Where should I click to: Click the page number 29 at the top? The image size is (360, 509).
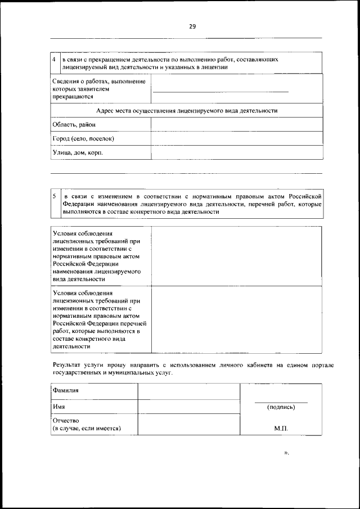point(192,26)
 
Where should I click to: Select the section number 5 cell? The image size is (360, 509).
point(54,196)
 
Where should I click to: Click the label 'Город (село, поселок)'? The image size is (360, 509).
point(83,138)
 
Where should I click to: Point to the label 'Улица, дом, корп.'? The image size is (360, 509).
point(78,152)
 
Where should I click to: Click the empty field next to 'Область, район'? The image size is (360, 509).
point(237,124)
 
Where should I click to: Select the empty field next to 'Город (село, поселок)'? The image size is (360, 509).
point(237,138)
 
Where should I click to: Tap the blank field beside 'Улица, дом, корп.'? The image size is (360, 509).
point(237,152)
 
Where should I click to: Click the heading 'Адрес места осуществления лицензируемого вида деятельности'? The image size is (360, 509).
point(187,111)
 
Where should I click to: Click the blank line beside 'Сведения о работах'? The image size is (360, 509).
point(220,92)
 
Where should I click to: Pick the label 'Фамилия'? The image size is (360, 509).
point(65,390)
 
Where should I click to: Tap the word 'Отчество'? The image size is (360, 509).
point(66,421)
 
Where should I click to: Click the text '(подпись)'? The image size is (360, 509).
point(281,407)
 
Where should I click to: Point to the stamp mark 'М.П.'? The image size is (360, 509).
point(281,428)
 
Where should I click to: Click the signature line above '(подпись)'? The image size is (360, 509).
point(281,402)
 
